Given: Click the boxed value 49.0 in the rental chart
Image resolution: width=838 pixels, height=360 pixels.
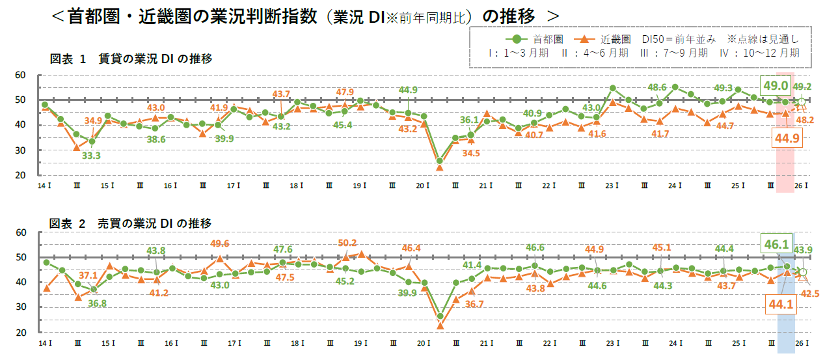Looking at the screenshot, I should pos(776,85).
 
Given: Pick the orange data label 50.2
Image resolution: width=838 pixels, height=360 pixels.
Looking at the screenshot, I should pos(347,243).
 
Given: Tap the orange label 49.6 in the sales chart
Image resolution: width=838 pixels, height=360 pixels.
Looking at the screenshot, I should pos(220,244).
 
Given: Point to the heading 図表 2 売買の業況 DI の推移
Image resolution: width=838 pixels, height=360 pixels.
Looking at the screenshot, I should pos(131,223).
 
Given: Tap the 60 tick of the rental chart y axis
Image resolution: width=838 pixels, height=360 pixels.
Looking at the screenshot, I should pos(20,76).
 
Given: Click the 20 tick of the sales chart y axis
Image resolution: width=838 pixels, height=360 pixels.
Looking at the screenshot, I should pos(20,332).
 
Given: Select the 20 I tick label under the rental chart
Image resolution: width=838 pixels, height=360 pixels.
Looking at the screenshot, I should pos(421,186).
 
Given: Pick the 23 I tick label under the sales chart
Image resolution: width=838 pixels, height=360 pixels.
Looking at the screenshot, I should pos(611,343).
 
